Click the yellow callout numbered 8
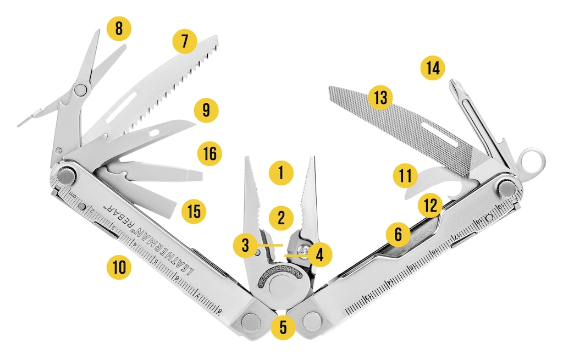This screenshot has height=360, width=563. tap(119, 29)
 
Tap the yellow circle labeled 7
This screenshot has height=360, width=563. tap(185, 41)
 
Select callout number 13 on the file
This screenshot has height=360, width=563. tap(380, 98)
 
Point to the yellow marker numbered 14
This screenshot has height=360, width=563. tap(432, 68)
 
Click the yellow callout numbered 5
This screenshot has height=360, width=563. tap(283, 327)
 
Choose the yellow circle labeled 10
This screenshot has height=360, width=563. tap(119, 268)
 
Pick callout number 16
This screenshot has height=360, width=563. tap(209, 154)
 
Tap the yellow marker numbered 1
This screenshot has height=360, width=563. tap(281, 173)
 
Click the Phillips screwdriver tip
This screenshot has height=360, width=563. tap(456, 86)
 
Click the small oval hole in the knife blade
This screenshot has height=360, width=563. tap(154, 133)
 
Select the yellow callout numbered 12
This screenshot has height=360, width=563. tap(430, 206)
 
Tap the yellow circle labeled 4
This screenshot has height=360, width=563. tap(319, 254)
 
